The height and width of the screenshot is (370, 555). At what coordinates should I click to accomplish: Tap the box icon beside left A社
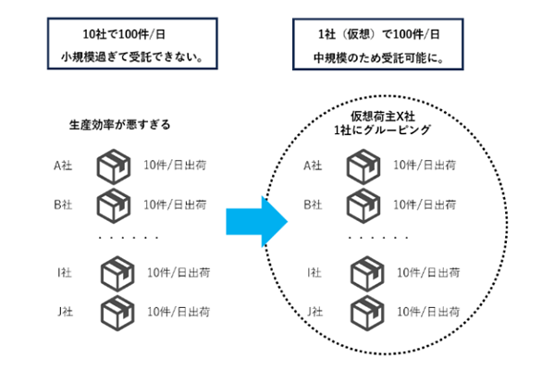click(x=113, y=167)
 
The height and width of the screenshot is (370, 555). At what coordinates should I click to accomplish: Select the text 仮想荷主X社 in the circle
click(x=383, y=119)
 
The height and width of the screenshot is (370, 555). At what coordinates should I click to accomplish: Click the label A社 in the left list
click(x=62, y=167)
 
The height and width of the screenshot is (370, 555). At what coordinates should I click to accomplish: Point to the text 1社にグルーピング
click(x=383, y=134)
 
